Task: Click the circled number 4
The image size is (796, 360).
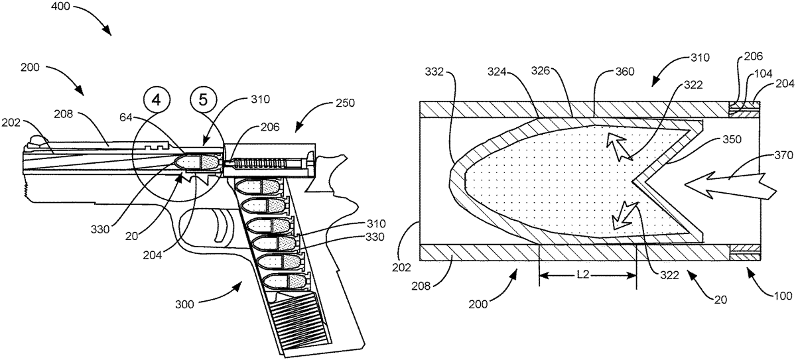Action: coord(157,99)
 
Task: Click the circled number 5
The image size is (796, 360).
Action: coord(203,99)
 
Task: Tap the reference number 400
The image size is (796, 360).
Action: coord(60,7)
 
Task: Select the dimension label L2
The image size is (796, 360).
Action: coord(583,274)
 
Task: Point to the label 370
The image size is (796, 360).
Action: coord(783,155)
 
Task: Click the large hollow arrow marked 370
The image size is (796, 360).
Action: coord(731,186)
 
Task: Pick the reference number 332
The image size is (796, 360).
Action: coord(434,72)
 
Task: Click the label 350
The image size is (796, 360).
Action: coord(732,139)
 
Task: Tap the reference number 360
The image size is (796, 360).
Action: coord(625,72)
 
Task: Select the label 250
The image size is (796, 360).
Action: coord(345,103)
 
